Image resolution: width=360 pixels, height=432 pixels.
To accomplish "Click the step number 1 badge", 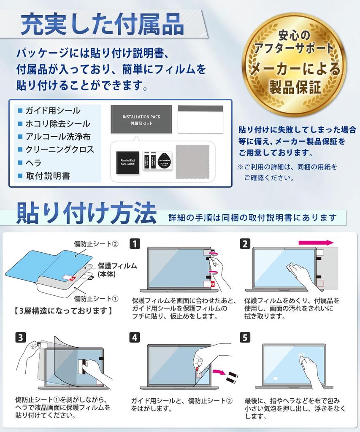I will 135,243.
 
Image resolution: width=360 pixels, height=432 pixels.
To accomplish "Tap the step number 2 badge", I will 245,243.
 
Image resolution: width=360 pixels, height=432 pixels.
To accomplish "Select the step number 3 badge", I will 20,337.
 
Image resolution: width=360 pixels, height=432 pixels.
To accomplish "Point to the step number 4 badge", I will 135,337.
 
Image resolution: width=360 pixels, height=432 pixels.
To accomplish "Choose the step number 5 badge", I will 245,337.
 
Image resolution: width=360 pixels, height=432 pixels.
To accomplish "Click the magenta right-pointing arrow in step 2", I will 316,243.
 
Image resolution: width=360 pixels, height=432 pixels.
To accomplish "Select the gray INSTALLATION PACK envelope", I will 141,119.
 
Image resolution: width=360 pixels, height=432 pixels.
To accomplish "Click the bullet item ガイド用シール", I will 52,111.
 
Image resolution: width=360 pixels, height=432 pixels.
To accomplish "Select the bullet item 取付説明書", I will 47,176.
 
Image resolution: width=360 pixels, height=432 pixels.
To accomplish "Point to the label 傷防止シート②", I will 96,244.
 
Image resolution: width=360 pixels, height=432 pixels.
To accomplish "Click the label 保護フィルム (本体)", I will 117,270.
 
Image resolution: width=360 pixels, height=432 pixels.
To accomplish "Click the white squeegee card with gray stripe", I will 200,119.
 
